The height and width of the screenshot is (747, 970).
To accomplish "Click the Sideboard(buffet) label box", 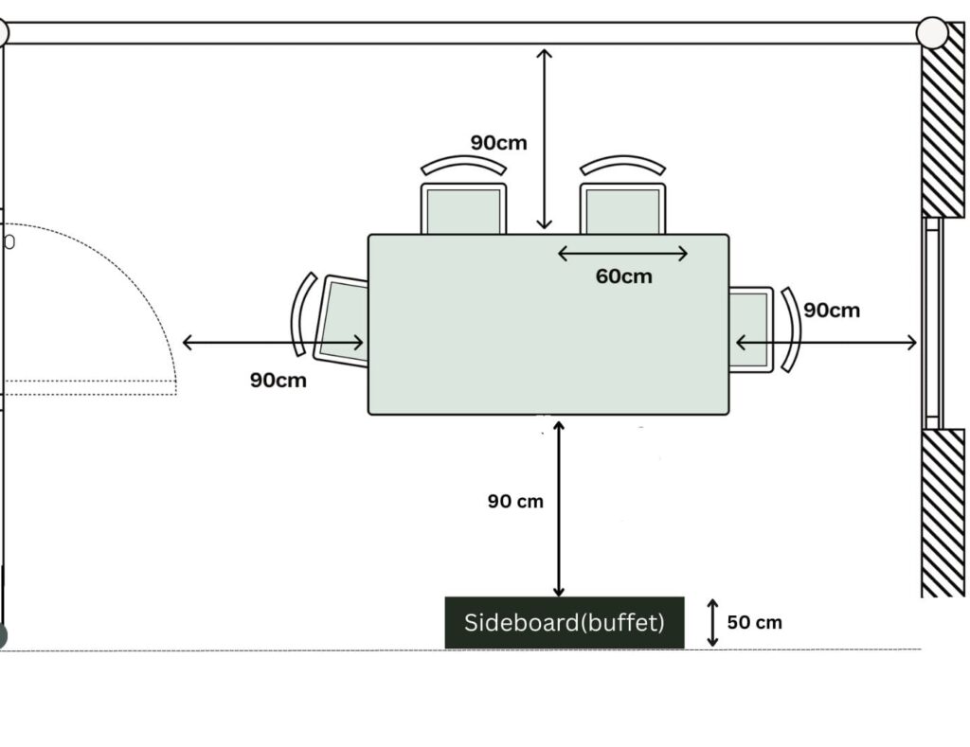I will [565, 623].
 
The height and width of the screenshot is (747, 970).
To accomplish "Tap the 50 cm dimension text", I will [754, 623].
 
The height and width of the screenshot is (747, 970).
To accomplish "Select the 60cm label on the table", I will [623, 276].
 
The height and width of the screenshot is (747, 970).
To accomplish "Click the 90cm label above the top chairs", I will [498, 143].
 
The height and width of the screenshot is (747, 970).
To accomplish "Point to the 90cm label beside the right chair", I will [832, 311].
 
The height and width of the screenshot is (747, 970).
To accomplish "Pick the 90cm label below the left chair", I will [278, 380].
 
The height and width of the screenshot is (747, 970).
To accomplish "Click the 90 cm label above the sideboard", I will [515, 502].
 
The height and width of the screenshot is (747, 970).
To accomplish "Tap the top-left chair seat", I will [463, 210].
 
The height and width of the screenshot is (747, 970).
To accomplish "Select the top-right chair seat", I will [622, 210].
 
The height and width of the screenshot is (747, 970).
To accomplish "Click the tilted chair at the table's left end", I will [341, 320].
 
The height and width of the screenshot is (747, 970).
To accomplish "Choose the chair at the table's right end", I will [750, 329].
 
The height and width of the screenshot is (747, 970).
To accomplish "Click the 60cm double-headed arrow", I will [622, 253].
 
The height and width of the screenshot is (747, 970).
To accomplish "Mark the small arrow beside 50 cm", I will [712, 623].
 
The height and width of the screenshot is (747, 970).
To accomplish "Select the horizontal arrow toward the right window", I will [826, 343].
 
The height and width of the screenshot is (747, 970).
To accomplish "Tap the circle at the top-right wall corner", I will [932, 33].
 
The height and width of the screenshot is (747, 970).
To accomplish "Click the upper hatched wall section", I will [943, 133].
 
